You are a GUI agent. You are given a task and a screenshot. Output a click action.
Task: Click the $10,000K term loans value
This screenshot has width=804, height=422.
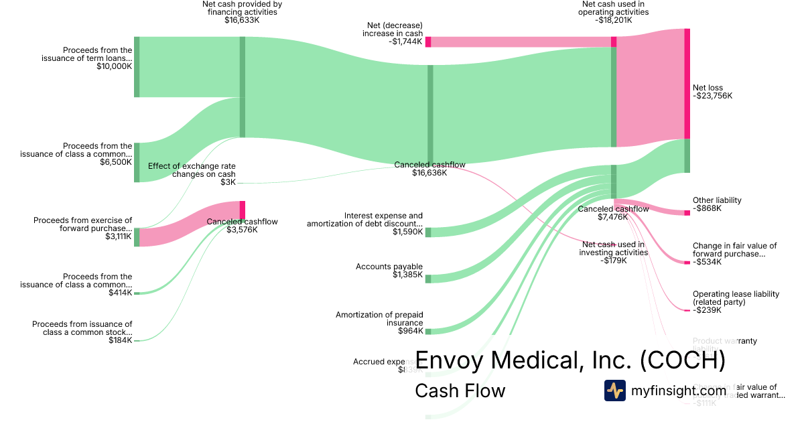coord(114,66)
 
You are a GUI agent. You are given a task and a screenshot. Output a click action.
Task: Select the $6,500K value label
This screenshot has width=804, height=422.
coord(116,162)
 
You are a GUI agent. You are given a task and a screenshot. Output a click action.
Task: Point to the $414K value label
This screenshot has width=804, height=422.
coord(122,293)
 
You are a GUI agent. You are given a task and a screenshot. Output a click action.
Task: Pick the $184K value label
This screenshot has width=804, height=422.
coord(121,340)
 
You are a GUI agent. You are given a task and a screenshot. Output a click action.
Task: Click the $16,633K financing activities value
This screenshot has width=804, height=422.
coord(242,20)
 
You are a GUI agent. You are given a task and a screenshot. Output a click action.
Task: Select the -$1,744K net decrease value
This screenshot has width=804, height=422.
coord(405,42)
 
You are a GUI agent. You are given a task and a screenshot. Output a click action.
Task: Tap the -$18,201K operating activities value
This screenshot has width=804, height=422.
coord(614,20)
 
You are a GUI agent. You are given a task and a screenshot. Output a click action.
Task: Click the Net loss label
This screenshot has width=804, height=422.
coord(708,88)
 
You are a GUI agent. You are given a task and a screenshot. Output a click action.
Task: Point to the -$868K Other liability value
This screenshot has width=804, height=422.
coord(708,208)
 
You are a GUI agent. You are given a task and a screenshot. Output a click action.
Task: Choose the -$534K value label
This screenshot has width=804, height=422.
coord(708,262)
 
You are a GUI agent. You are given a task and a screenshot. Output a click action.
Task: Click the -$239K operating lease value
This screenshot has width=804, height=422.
coord(708,310)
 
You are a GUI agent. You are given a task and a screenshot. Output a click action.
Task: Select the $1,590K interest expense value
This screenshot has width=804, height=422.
coord(408,232)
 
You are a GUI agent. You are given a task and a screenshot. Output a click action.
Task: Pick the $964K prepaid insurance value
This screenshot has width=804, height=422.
coord(410,331)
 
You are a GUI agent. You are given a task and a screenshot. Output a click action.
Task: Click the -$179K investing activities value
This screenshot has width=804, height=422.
coord(614,261)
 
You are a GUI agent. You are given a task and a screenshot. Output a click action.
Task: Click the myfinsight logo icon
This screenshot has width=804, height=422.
coord(614,391)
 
